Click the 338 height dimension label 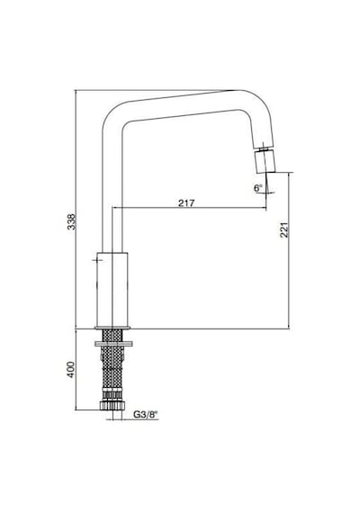[x=71, y=221]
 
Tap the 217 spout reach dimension [x=186, y=202]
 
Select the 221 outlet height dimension [x=284, y=229]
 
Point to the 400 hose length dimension [x=71, y=370]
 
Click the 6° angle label [x=258, y=188]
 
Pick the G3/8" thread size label [x=145, y=415]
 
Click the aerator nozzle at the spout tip [x=265, y=162]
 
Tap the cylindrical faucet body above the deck [x=112, y=290]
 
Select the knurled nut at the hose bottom [x=112, y=405]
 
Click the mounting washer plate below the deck [x=113, y=344]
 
